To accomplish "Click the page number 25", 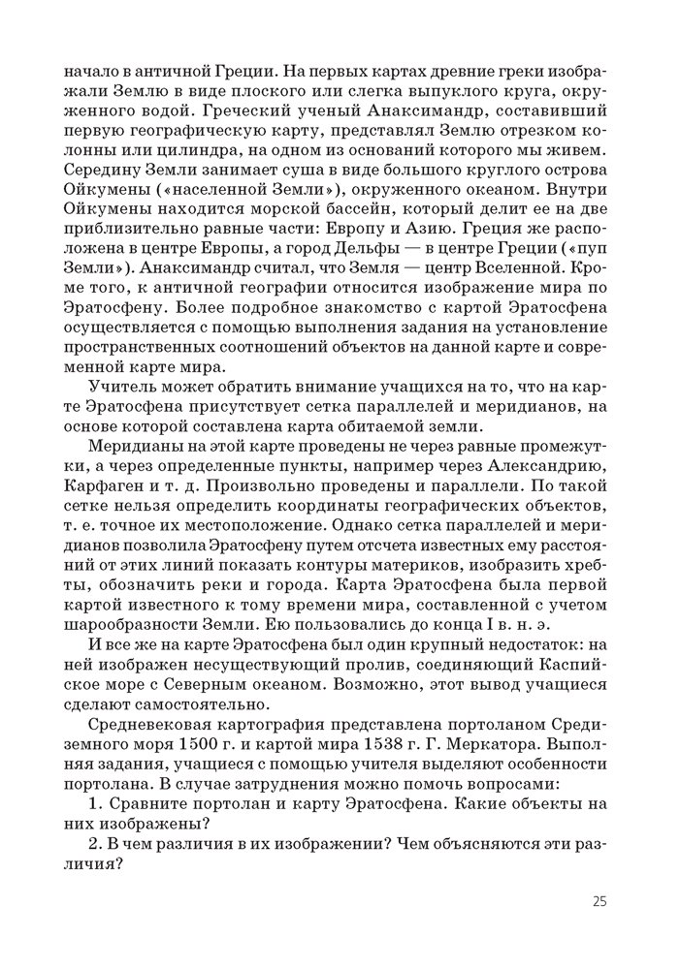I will [x=599, y=902].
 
